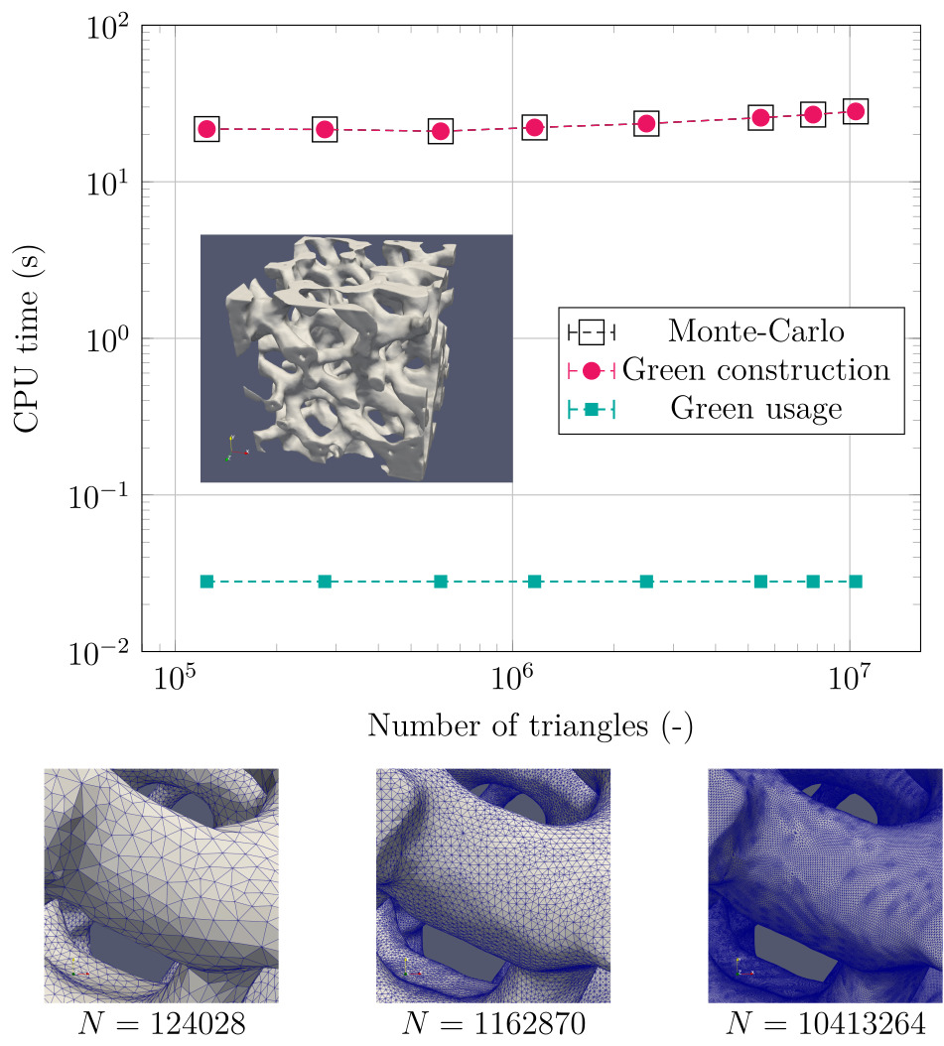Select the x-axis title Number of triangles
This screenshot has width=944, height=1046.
click(x=530, y=725)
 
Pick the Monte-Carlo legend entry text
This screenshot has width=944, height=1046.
click(x=749, y=330)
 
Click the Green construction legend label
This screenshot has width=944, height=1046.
click(x=755, y=370)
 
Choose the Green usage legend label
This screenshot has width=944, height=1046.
click(x=756, y=409)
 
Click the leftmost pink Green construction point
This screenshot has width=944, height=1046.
click(x=206, y=129)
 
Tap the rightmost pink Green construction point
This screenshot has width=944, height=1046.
click(x=855, y=112)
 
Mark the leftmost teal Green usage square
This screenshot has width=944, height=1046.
click(x=206, y=581)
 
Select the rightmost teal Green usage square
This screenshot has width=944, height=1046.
click(x=855, y=581)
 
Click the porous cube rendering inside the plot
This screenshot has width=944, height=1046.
click(x=355, y=358)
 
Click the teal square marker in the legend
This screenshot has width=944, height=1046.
click(x=592, y=409)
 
